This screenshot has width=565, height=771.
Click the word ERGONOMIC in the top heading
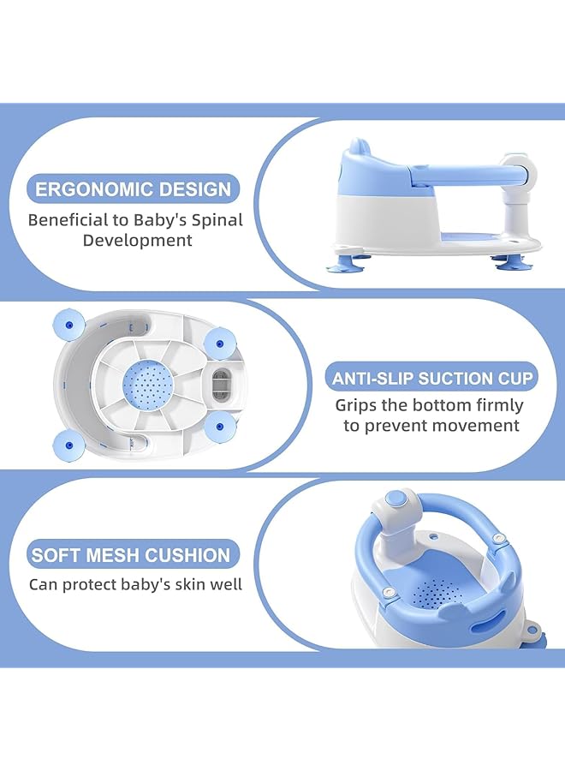click(x=93, y=189)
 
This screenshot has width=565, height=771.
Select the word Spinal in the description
click(x=215, y=220)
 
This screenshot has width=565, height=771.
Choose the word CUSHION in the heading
click(x=187, y=555)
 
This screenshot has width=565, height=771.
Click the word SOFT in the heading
click(x=52, y=555)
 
